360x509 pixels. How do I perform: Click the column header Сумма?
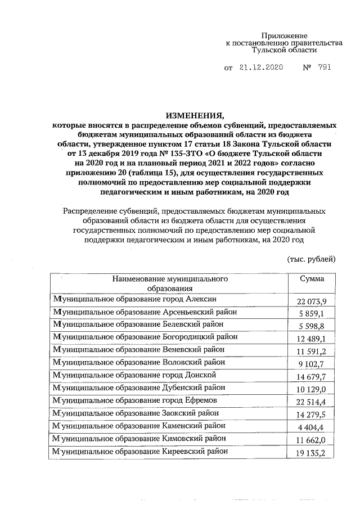point(311,280)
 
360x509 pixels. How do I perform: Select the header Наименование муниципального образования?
point(169,283)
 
